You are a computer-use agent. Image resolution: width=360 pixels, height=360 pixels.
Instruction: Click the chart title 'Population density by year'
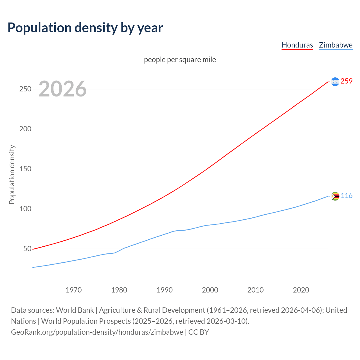(x=85, y=28)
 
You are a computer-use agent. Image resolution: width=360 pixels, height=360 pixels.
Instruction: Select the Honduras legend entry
(x=297, y=45)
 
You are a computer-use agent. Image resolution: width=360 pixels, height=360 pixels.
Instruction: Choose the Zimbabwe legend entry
(x=336, y=45)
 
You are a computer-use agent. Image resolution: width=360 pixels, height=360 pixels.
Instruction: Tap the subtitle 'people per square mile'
(x=180, y=60)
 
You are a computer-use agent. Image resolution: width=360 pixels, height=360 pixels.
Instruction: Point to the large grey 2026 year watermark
(x=62, y=89)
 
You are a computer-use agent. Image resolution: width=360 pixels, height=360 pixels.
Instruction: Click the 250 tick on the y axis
(x=25, y=89)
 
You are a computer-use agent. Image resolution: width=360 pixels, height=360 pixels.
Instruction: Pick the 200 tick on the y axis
(x=25, y=129)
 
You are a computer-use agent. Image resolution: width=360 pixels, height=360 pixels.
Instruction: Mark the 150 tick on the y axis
(x=25, y=169)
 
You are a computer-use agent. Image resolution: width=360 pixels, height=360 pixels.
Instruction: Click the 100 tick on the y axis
(x=25, y=209)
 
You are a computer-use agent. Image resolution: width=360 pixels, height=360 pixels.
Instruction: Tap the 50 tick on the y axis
(x=27, y=249)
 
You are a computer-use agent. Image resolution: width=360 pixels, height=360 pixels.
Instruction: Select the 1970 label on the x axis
(x=74, y=290)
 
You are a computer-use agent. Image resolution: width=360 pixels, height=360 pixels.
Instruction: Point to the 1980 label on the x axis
(x=119, y=290)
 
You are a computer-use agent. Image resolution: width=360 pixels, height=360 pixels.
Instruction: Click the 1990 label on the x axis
(x=165, y=290)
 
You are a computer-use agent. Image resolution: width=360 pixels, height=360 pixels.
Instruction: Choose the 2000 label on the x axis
(x=210, y=290)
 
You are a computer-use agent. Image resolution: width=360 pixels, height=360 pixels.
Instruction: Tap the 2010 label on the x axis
(x=255, y=290)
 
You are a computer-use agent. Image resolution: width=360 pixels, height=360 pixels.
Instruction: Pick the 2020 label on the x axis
(x=301, y=290)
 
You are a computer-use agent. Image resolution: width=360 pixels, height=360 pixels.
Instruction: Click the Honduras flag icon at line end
(x=335, y=82)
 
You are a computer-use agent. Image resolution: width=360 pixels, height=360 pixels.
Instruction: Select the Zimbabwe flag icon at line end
(x=335, y=196)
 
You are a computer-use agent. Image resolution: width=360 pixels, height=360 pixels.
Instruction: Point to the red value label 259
(x=346, y=81)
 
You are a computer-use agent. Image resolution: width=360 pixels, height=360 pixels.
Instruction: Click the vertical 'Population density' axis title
(x=12, y=174)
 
